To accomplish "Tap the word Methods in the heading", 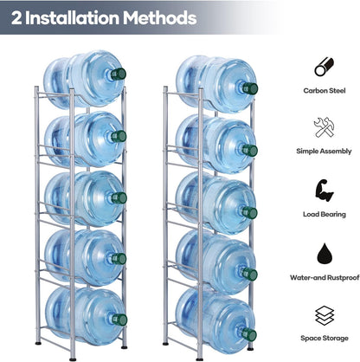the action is [x=160, y=18].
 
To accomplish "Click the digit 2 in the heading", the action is [x=16, y=18].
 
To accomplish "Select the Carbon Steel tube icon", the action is [x=324, y=67].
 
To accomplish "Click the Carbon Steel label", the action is [x=325, y=91].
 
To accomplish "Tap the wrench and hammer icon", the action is [x=324, y=127].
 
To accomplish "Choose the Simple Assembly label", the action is [x=324, y=152].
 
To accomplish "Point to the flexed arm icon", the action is [x=324, y=190].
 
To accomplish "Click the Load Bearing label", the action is [x=325, y=214].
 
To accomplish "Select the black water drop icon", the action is [x=325, y=253].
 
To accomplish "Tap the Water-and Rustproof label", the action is [x=325, y=278].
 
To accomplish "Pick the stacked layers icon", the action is [x=325, y=316].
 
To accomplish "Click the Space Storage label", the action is [x=325, y=338].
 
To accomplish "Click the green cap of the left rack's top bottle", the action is [x=119, y=74].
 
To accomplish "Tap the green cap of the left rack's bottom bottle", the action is [x=119, y=320].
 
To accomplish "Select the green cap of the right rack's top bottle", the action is [x=250, y=88].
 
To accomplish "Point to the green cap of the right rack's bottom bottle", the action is [x=249, y=334].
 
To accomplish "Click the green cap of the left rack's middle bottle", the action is [x=119, y=197].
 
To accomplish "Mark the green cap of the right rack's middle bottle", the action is [x=250, y=213].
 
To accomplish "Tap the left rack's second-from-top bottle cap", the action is [x=119, y=136].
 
